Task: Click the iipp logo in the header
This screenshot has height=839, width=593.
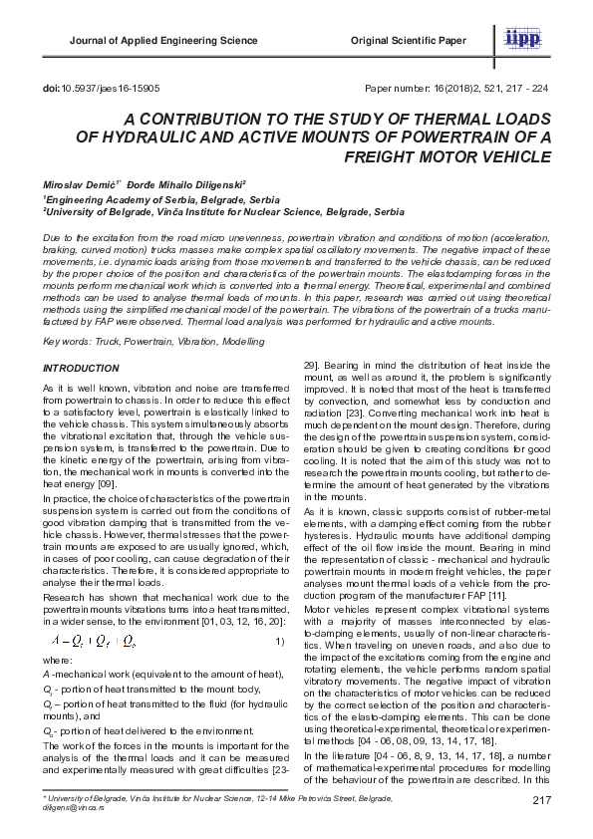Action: pyautogui.click(x=524, y=37)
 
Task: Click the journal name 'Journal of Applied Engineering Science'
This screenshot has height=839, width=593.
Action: pyautogui.click(x=162, y=41)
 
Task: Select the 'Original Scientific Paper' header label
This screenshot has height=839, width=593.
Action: pyautogui.click(x=408, y=41)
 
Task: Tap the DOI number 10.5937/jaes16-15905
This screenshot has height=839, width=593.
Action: pyautogui.click(x=104, y=88)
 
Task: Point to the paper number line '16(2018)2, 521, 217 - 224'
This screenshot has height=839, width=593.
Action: pyautogui.click(x=489, y=88)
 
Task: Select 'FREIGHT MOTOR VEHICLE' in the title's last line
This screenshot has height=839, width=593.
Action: pyautogui.click(x=448, y=156)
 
